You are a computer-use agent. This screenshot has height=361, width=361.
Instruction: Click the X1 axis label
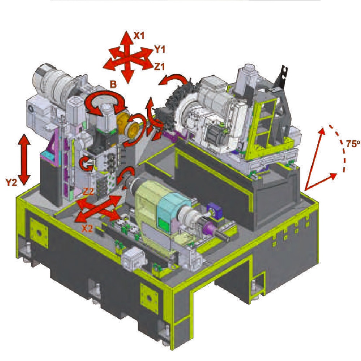click(x=139, y=36)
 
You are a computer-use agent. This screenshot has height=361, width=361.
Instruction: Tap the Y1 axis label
click(x=159, y=49)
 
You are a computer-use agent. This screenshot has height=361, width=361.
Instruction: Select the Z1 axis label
click(x=160, y=66)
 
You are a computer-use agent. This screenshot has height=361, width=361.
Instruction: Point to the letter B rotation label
click(x=113, y=84)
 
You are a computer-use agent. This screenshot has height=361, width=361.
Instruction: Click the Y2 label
click(x=12, y=182)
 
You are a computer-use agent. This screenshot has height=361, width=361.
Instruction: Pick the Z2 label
click(x=88, y=191)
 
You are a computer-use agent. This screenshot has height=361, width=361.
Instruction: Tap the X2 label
click(x=88, y=229)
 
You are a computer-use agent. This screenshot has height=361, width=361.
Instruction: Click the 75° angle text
click(x=353, y=144)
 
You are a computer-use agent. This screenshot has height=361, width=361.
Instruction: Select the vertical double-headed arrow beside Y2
click(x=25, y=160)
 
